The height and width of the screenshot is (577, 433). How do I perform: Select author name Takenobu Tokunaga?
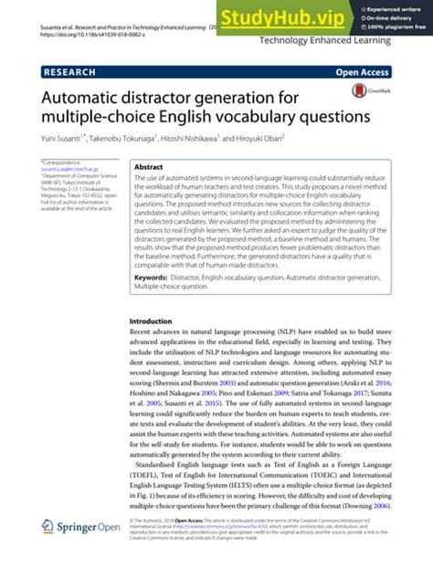tap(121, 138)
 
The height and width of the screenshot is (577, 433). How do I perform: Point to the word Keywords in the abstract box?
tap(156, 277)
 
